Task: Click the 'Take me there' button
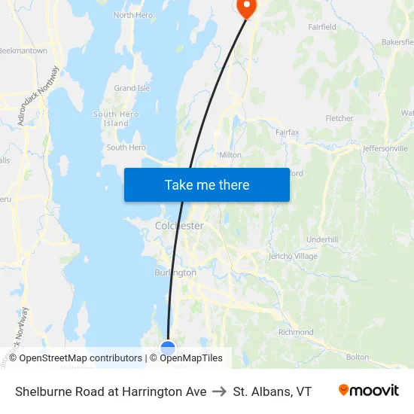click(x=207, y=184)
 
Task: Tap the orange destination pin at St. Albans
click(x=246, y=7)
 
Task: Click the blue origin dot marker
click(x=168, y=348)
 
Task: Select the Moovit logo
click(x=368, y=391)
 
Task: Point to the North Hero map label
click(x=133, y=15)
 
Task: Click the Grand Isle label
click(x=132, y=88)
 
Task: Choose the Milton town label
click(x=230, y=155)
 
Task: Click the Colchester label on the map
click(x=179, y=226)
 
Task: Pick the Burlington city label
click(x=175, y=272)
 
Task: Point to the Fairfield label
click(x=322, y=27)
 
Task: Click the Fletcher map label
click(x=339, y=118)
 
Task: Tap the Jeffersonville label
click(x=385, y=148)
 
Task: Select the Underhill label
click(x=322, y=239)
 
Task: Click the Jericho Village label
click(x=294, y=257)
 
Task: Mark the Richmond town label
click(x=296, y=332)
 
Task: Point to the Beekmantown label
click(x=23, y=51)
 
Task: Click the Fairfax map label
click(x=287, y=132)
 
